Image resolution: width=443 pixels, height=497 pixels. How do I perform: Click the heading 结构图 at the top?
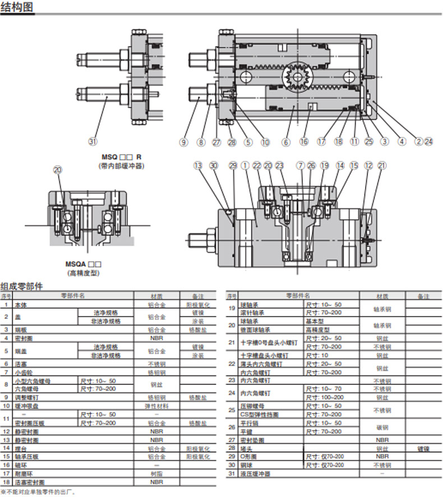pos(17,8)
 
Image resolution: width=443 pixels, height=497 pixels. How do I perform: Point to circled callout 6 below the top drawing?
pos(286,142)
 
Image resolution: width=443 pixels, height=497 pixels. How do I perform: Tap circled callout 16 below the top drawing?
pos(304,142)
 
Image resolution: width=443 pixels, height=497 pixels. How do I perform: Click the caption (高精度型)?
pos(83,273)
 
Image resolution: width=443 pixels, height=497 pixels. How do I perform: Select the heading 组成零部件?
pos(21,286)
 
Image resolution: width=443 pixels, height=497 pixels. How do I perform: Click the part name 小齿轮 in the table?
pos(24,371)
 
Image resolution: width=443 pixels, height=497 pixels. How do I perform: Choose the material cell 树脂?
pos(156,473)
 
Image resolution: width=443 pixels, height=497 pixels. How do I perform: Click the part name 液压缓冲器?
pos(255,473)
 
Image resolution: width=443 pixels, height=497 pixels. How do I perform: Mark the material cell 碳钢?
pos(381,427)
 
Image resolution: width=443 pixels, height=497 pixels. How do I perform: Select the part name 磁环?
pos(21,465)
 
